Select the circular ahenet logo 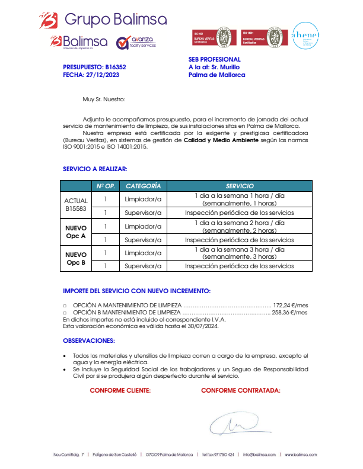tap(305, 37)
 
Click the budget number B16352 tap(115, 68)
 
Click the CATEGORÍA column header tap(143, 186)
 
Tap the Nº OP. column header tap(105, 186)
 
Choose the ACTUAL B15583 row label tap(75, 205)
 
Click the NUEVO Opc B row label tap(75, 259)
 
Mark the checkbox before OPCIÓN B tap(65, 312)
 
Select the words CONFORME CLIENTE tap(120, 390)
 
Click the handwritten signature tap(234, 423)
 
